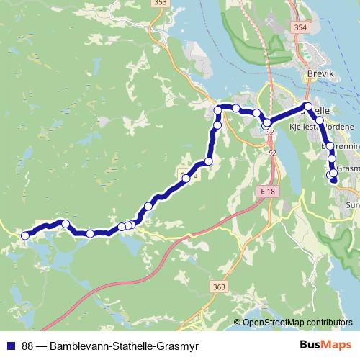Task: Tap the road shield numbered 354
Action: (x=300, y=27)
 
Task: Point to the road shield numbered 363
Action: (x=220, y=287)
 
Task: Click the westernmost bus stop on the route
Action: (x=25, y=235)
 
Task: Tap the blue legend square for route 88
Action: (x=12, y=346)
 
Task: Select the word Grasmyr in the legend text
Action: (x=179, y=346)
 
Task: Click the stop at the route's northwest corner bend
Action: (x=218, y=109)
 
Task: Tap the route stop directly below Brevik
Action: (x=308, y=107)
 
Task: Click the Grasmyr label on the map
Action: (x=348, y=168)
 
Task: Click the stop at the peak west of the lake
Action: (x=65, y=223)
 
